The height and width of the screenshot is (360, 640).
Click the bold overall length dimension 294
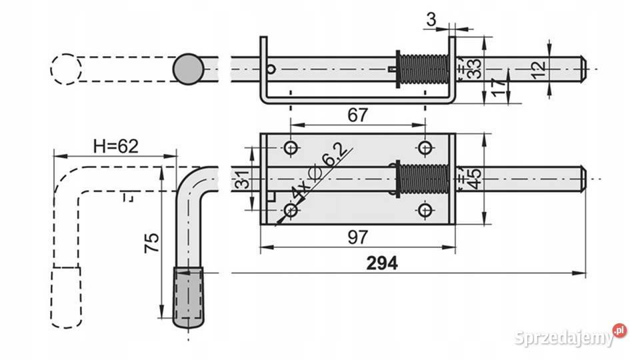coord(381,263)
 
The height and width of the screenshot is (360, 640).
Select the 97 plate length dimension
coord(357,237)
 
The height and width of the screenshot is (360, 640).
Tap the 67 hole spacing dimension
coord(357,115)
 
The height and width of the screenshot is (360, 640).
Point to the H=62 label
coord(116,146)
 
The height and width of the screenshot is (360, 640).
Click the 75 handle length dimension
coord(152,243)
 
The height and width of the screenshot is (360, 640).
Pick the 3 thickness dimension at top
coord(431,19)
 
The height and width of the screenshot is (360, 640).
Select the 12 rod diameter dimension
coord(539,69)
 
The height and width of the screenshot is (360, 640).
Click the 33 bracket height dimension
coord(474,69)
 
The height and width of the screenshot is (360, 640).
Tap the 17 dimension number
coord(499,87)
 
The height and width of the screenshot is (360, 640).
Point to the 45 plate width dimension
coord(474,179)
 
